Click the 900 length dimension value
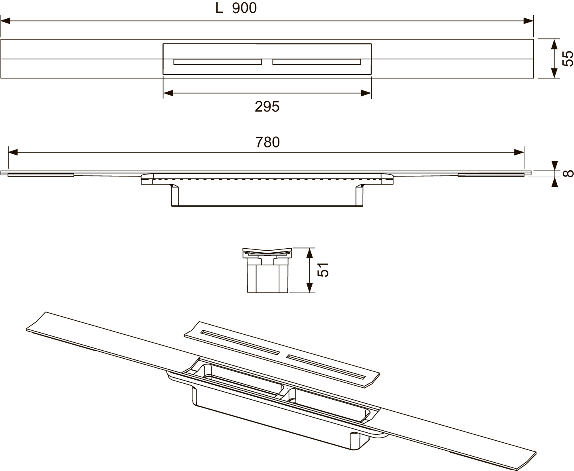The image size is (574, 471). click(x=244, y=8)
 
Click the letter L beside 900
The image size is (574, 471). click(x=219, y=8)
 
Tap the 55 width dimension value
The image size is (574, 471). click(x=568, y=59)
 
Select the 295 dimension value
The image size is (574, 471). click(x=267, y=106)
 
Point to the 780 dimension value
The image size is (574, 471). click(x=267, y=142)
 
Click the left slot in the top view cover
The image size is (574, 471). click(x=218, y=62)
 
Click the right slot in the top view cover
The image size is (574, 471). click(x=317, y=62)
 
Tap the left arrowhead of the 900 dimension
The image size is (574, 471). click(x=6, y=20)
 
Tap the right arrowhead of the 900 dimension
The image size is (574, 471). click(x=528, y=20)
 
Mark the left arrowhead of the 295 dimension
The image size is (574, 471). click(x=168, y=93)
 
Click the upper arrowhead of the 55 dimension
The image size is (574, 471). click(x=554, y=44)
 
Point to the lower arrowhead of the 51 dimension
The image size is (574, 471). click(x=309, y=288)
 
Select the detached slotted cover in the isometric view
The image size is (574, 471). click(x=281, y=352)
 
